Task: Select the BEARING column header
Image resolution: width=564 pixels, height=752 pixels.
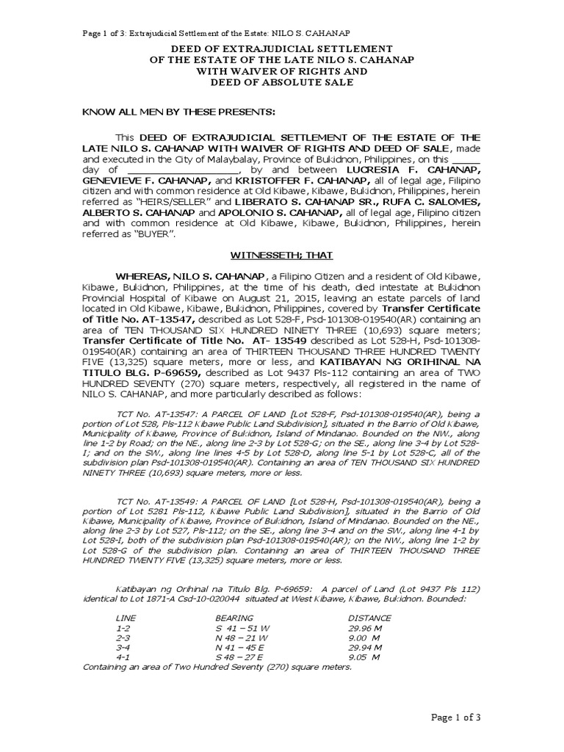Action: [x=234, y=618]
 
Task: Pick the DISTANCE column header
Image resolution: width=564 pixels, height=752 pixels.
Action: [x=369, y=618]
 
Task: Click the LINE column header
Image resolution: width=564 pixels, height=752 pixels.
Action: [x=126, y=618]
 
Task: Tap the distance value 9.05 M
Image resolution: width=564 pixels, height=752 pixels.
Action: [x=364, y=657]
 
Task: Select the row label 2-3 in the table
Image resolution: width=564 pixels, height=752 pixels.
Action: [x=123, y=638]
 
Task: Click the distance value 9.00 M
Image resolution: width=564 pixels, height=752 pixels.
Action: [x=364, y=638]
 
